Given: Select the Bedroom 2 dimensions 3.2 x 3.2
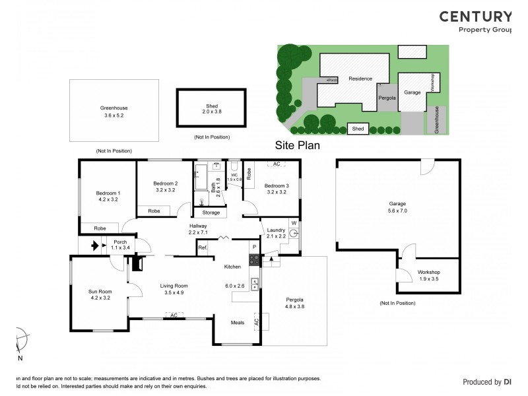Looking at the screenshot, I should [x=165, y=190].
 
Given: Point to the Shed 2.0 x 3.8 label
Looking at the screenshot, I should [x=211, y=109].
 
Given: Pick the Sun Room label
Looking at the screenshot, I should [x=100, y=291].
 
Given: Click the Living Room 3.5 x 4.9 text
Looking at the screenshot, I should [x=174, y=290].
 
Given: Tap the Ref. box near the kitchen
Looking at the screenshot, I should [x=203, y=247].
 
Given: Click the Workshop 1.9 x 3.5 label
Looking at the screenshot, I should [x=428, y=276].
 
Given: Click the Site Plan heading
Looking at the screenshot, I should [x=297, y=145].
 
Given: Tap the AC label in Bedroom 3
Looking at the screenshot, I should [x=277, y=163].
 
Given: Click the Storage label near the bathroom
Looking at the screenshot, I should [x=211, y=213].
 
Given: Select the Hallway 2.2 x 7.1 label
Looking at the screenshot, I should [x=198, y=229].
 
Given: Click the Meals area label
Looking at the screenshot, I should [x=237, y=323].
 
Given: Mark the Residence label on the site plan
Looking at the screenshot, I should [x=360, y=79].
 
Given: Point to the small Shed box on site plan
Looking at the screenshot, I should [x=358, y=129].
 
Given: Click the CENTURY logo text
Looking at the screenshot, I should [x=475, y=17].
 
